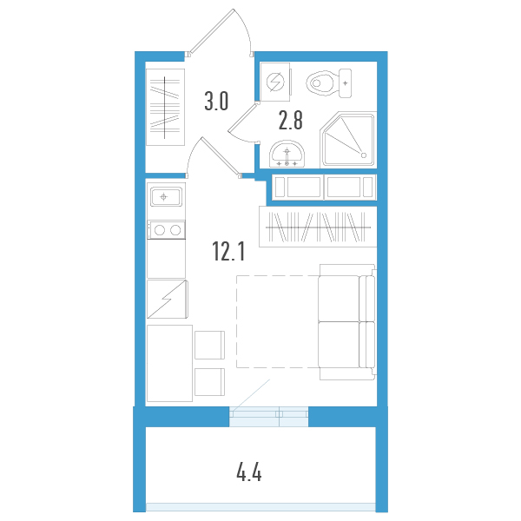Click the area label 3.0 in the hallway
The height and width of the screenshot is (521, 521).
point(215,102)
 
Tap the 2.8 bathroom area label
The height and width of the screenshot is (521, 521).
point(290,119)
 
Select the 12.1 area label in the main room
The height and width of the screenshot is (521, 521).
point(229,252)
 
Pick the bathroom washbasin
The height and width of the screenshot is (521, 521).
point(287,154)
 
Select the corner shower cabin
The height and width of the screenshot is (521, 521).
point(347,139)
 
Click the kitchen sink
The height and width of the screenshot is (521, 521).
point(165,197)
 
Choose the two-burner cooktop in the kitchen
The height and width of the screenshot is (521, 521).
point(165,230)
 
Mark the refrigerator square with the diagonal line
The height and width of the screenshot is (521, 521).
point(166,300)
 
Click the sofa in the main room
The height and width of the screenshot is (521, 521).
point(346,322)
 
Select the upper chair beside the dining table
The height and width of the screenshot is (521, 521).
point(209,344)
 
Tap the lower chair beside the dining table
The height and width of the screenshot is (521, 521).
point(209,383)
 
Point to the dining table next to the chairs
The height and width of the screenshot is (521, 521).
point(169,363)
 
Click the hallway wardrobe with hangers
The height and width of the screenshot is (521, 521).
point(165,106)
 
